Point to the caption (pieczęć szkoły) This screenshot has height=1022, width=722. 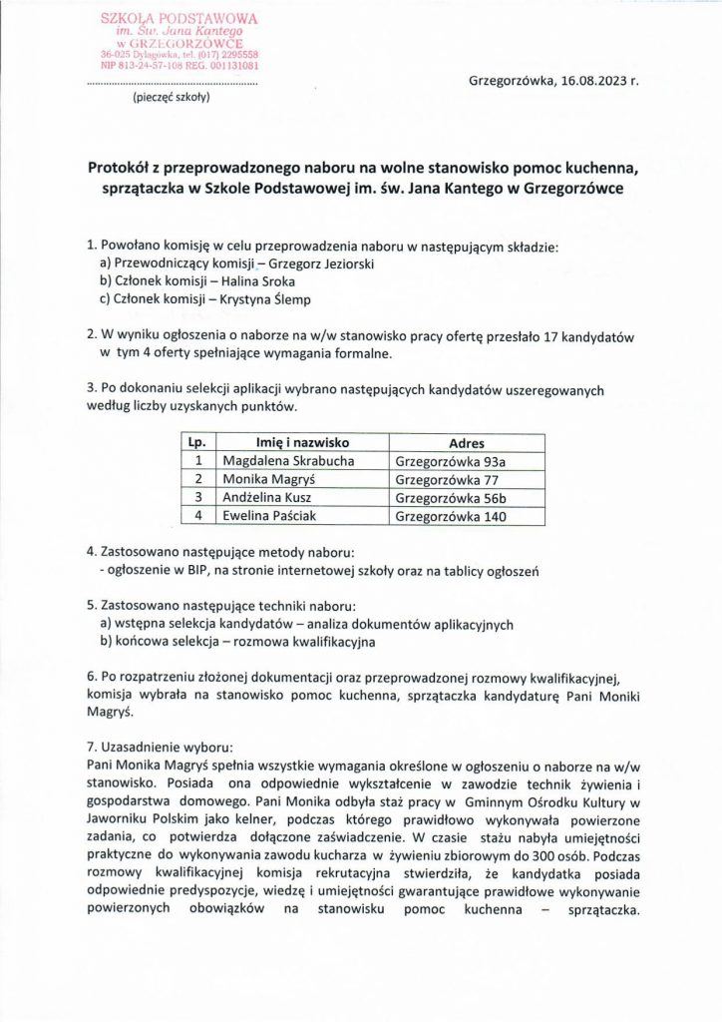(x=172, y=99)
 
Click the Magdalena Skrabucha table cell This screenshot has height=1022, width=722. (x=284, y=460)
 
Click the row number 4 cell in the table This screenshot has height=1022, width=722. (x=198, y=517)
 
